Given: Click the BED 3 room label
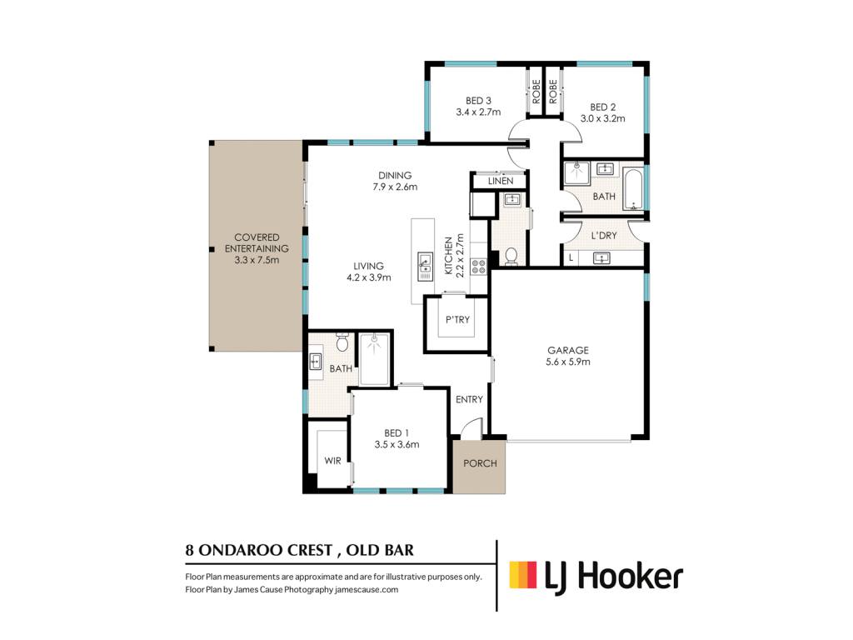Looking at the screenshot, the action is [x=478, y=101].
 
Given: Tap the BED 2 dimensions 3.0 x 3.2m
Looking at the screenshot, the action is [x=603, y=118].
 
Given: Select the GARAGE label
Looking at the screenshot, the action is [x=568, y=351].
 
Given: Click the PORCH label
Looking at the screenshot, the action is [x=480, y=463].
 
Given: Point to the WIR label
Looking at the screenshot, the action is [x=332, y=461].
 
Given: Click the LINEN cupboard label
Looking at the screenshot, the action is [x=501, y=181].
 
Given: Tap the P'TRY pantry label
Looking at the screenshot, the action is [x=457, y=320].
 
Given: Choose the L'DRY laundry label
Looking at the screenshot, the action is [x=604, y=236].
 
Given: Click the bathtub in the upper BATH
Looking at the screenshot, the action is [x=633, y=190].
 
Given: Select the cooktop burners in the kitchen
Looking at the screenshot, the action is [x=478, y=267].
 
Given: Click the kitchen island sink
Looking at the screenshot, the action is [x=424, y=267].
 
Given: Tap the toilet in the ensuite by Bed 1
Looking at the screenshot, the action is [x=342, y=342].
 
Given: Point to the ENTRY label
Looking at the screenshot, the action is [x=470, y=400].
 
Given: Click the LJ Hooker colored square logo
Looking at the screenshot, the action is [x=523, y=575].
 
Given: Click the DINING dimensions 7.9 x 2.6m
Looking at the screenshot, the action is [x=395, y=187].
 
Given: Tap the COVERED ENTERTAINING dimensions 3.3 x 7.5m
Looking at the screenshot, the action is [x=257, y=260].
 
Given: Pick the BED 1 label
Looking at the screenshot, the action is [x=397, y=433].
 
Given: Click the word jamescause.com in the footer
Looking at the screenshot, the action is [x=367, y=589].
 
